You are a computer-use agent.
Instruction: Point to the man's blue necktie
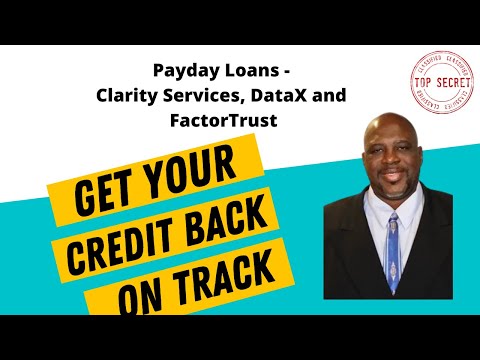pyautogui.click(x=394, y=260)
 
